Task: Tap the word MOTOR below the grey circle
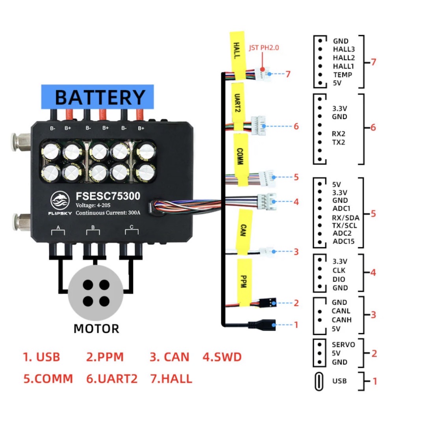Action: (x=96, y=328)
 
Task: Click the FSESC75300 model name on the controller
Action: (x=108, y=196)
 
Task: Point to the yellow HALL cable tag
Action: (x=237, y=53)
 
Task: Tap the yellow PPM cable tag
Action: (x=244, y=281)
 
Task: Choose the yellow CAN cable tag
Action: (x=243, y=230)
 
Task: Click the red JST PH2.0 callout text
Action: (x=264, y=48)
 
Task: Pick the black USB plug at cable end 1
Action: (x=261, y=325)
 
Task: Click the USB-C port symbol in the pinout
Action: (x=319, y=381)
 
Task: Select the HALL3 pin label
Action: (x=344, y=49)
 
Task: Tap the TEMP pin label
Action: (x=343, y=74)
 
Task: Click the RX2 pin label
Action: (x=338, y=134)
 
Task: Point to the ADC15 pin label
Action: (x=343, y=241)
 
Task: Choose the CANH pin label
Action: (x=341, y=320)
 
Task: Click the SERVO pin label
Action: (x=343, y=345)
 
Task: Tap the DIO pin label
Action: (x=339, y=279)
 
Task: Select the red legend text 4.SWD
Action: (x=222, y=357)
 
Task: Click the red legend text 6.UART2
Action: (x=112, y=379)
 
